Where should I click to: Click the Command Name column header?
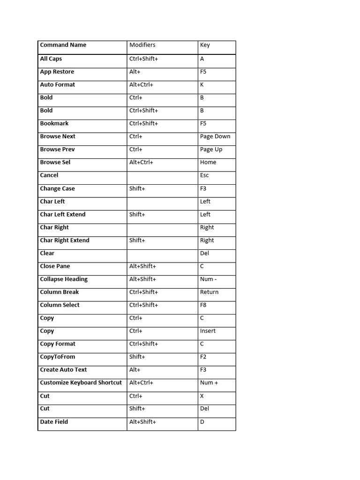point(63,45)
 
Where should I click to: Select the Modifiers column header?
point(142,45)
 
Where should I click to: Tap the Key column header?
point(205,45)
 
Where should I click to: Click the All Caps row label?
point(51,59)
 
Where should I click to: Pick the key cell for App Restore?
point(203,72)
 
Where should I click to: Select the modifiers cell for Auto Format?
point(141,85)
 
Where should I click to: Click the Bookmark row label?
point(54,123)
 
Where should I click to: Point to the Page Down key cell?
point(215,136)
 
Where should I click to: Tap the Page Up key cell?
point(211,150)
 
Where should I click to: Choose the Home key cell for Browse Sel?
point(208,162)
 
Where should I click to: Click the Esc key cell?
point(204,175)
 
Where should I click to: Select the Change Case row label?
point(57,188)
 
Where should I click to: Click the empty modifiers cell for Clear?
point(162,253)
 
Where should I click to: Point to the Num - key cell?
point(209,279)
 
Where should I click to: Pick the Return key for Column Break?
point(209,292)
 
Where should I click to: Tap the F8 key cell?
point(203,305)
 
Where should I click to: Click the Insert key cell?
point(208,331)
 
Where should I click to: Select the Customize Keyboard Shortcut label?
point(81,382)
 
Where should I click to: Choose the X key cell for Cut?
point(202,396)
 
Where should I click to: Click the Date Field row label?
point(54,422)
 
